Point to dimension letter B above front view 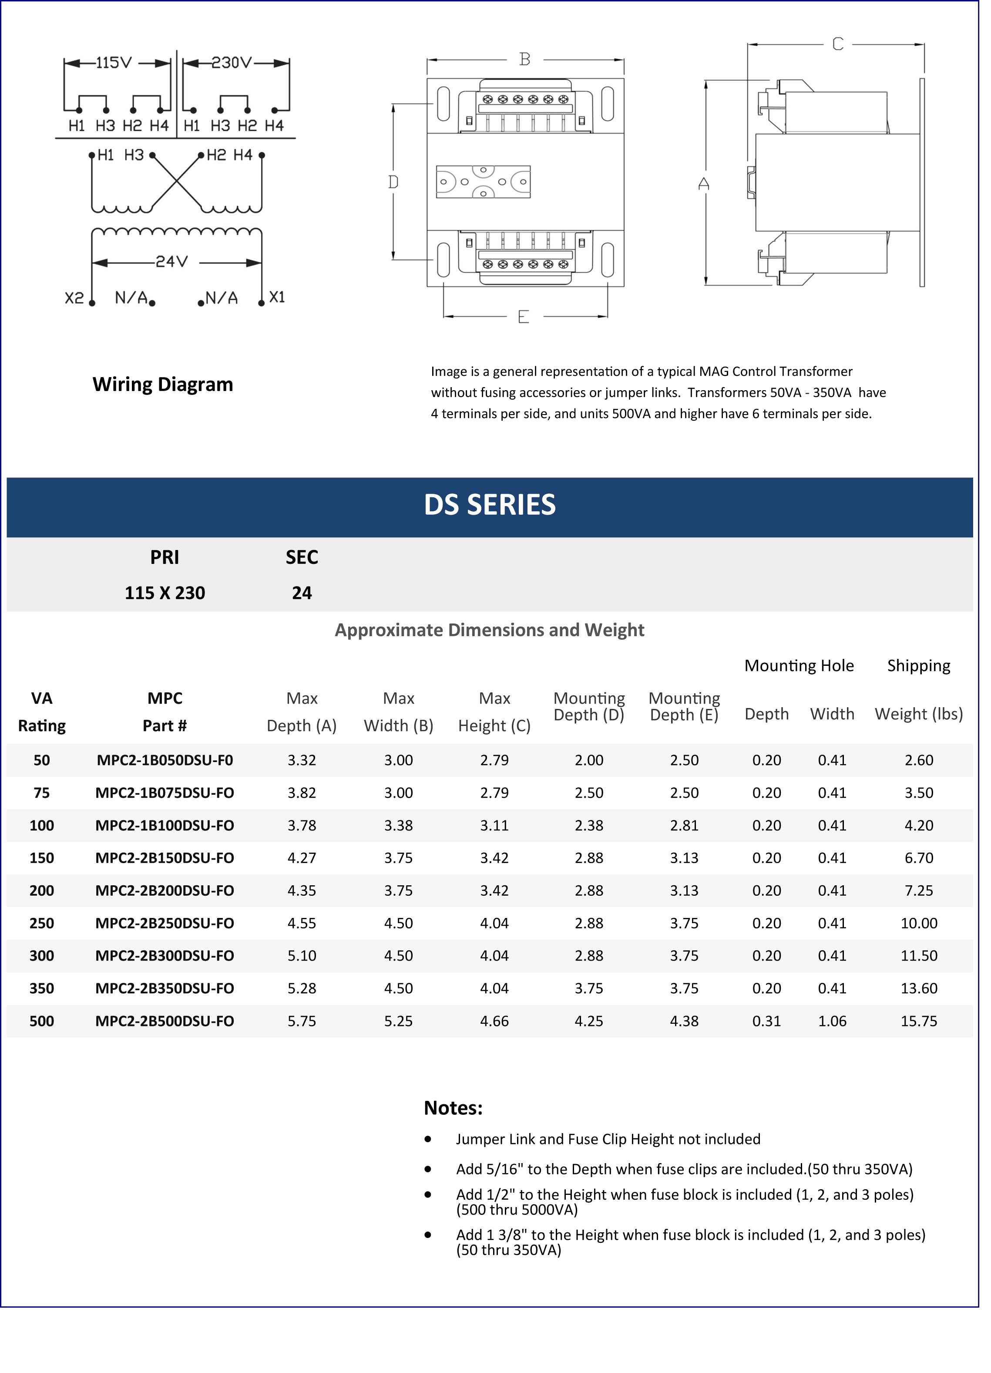[x=524, y=59]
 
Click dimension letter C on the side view [x=837, y=44]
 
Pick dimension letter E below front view [x=523, y=317]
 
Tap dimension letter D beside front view [x=393, y=182]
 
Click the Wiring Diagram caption [x=162, y=385]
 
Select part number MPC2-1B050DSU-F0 [x=165, y=760]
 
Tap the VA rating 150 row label [x=42, y=858]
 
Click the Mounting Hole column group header [x=799, y=665]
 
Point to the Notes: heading [x=453, y=1108]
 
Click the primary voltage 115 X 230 [x=165, y=593]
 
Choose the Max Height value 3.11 [x=494, y=825]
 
